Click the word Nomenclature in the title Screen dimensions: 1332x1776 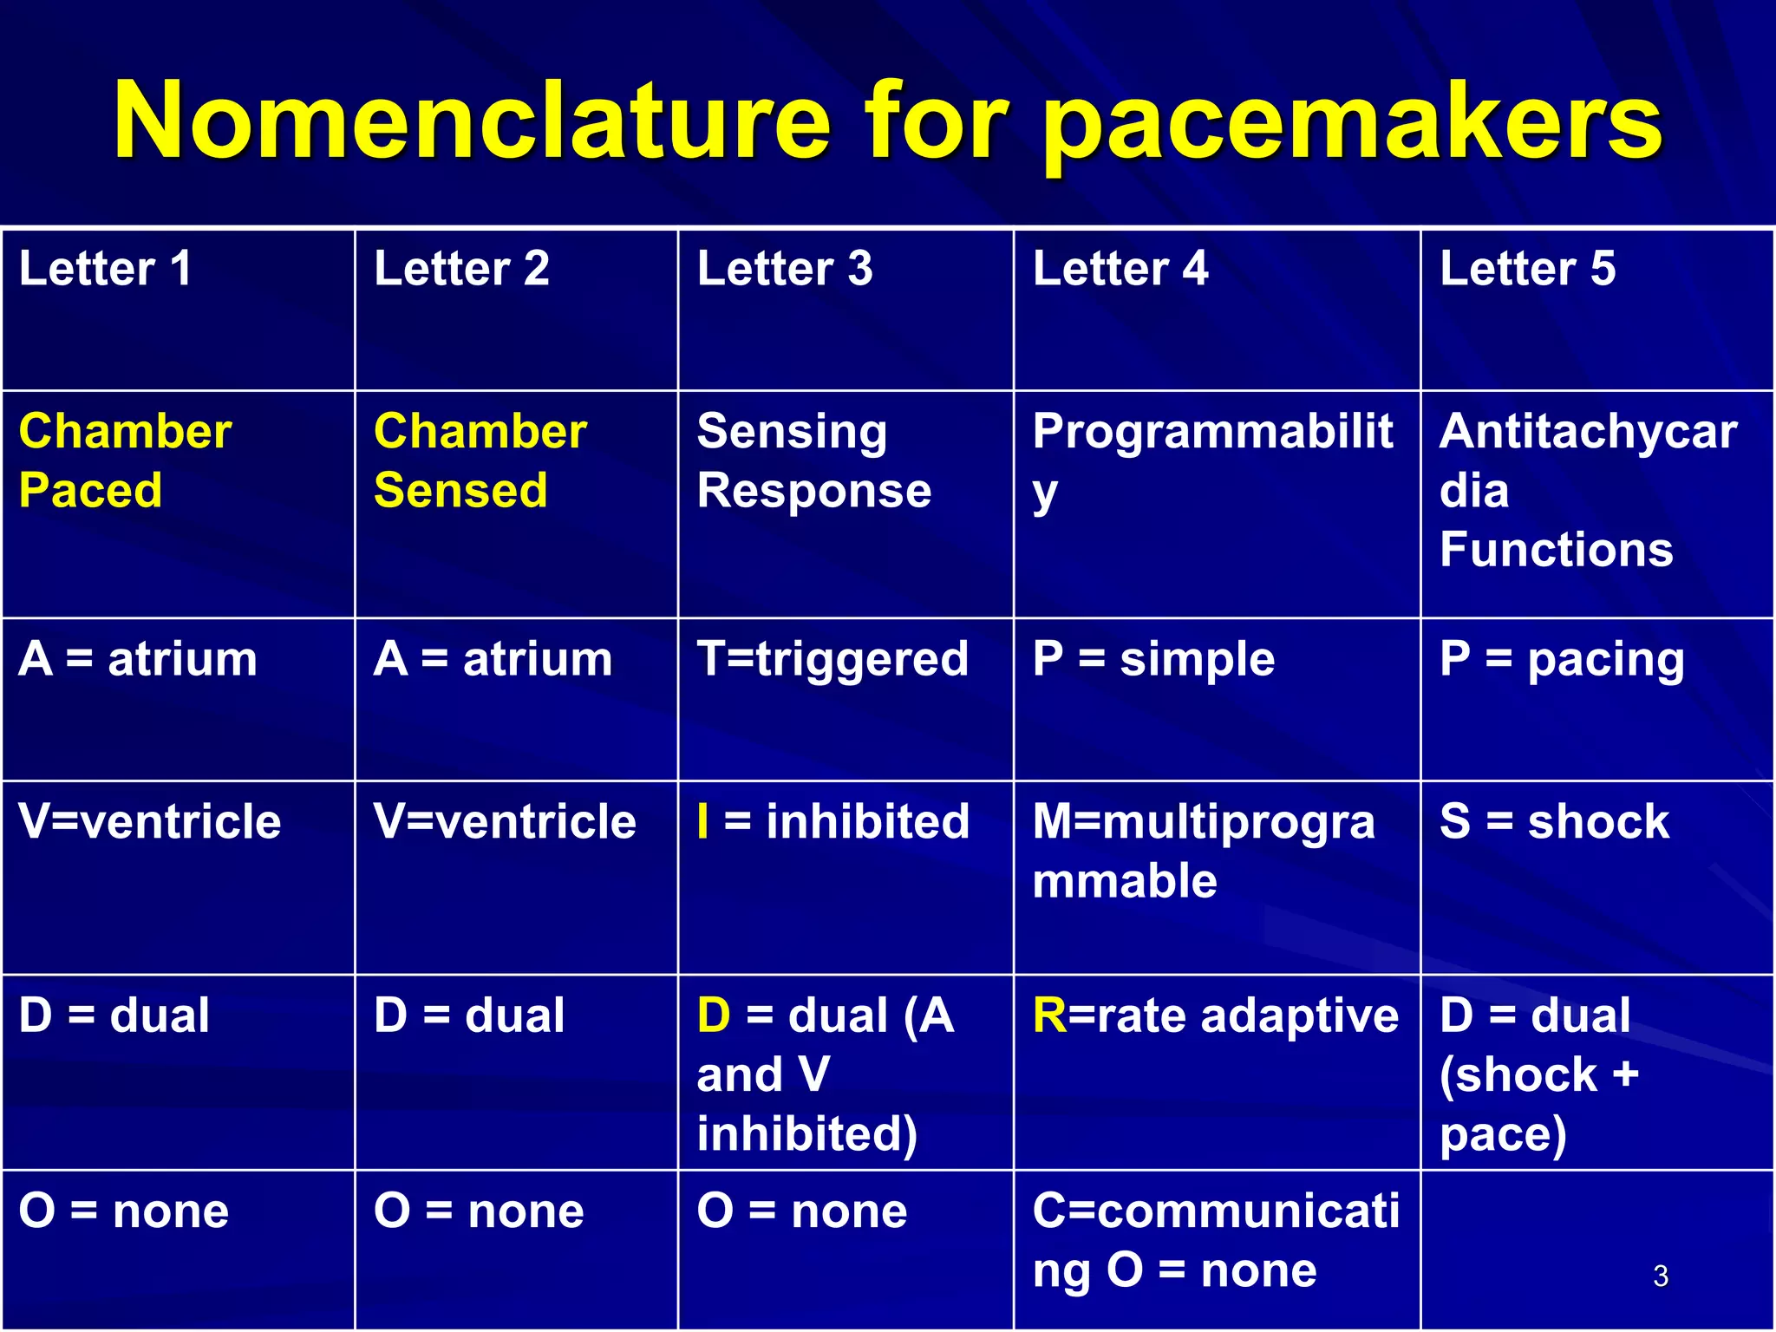pos(473,121)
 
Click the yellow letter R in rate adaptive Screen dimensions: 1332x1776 pos(1049,1015)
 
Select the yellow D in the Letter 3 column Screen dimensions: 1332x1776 pos(714,1015)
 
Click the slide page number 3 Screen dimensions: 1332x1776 pos(1660,1276)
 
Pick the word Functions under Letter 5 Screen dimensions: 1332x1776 pos(1556,550)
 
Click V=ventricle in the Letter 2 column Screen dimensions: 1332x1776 pos(505,821)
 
